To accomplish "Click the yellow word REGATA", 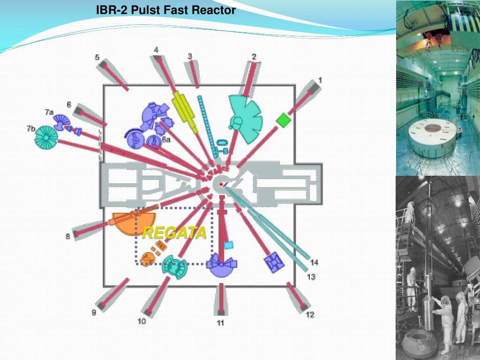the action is click(174, 233).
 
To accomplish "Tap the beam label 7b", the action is click(31, 128).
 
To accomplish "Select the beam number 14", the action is click(314, 262).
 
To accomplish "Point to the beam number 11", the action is click(220, 323).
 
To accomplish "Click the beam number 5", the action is click(97, 58).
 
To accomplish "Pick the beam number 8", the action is click(68, 237).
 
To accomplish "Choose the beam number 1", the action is click(320, 80).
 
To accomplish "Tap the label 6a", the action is click(166, 139).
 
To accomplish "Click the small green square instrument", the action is click(283, 120).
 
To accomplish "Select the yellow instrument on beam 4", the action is click(185, 110).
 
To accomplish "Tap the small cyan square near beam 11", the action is click(228, 245).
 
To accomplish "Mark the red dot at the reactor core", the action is click(221, 185).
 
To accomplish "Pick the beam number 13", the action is click(311, 277).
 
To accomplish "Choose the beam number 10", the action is click(142, 321).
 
